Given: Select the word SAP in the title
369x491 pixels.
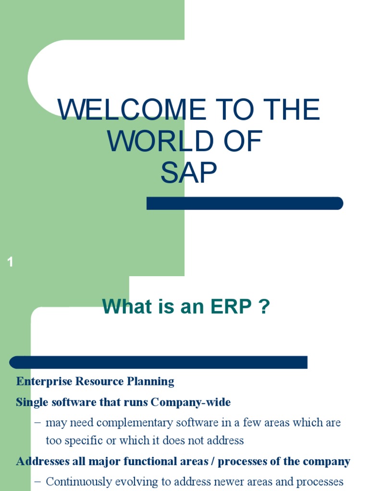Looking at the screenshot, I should [189, 173].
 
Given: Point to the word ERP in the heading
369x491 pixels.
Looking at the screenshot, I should [228, 307].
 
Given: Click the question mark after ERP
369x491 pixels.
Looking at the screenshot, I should [263, 307].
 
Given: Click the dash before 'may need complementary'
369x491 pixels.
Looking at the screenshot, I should [38, 423].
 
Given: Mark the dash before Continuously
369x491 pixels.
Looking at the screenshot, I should [38, 482].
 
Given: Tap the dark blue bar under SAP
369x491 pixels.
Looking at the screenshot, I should [245, 203].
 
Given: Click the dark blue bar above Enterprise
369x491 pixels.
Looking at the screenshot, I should [159, 362].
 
